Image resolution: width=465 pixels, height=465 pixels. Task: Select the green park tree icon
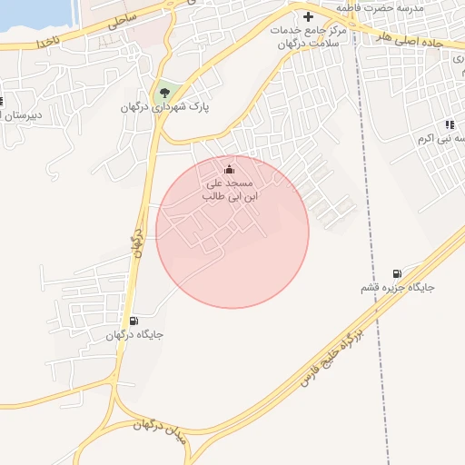click(x=164, y=92)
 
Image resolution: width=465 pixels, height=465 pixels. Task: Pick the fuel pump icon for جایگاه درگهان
click(x=134, y=321)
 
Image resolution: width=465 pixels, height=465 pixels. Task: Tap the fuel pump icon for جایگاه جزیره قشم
click(x=397, y=274)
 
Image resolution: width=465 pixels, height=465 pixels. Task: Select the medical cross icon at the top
click(x=307, y=16)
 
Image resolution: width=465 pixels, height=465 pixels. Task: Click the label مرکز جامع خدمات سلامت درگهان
click(x=310, y=36)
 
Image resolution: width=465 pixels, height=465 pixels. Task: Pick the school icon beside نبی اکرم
click(x=449, y=124)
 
